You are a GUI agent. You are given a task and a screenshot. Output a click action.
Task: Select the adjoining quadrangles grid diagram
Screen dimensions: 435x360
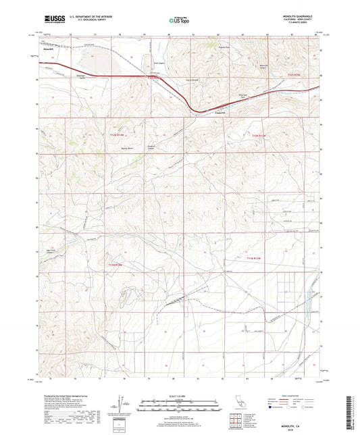[x=236, y=420]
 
